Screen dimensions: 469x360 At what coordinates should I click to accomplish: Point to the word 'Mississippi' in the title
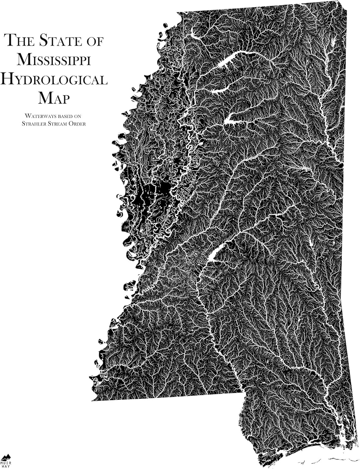coord(54,59)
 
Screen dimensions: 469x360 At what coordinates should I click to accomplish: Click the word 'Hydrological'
coord(54,79)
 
